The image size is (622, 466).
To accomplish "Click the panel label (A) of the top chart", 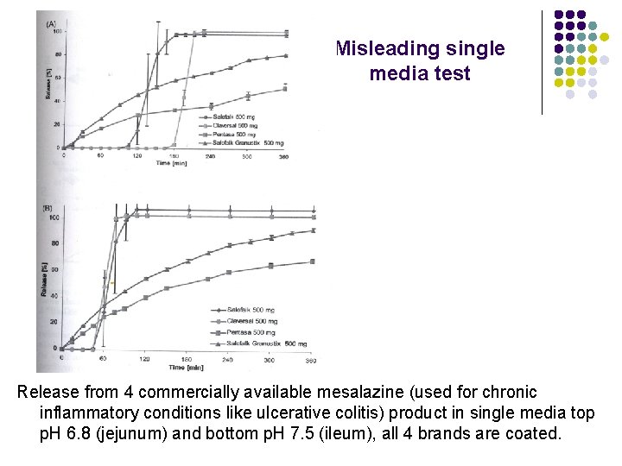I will [53, 22].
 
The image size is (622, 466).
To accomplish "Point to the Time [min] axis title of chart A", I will [172, 162].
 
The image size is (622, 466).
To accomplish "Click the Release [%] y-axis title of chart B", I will [43, 280].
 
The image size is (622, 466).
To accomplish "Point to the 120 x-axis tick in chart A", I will [136, 156].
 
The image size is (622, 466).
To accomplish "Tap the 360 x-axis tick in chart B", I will [311, 360].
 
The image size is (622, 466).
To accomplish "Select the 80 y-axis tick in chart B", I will [54, 243].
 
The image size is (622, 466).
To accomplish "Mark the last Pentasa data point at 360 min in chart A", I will [285, 88].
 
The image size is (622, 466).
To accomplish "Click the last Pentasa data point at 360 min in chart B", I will [313, 261].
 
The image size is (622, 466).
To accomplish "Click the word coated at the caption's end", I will [530, 433].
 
